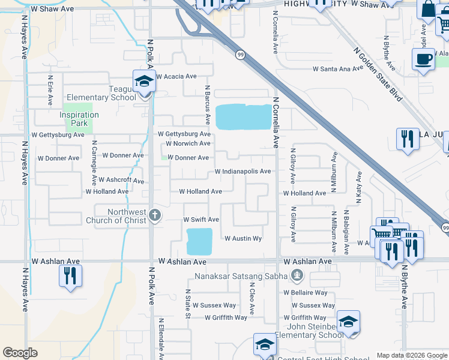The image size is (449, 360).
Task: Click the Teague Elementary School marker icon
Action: point(144,82)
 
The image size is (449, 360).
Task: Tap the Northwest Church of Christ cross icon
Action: point(155,216)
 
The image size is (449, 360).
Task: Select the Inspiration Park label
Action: point(79,119)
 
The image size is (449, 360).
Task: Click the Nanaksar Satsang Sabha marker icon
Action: point(296,276)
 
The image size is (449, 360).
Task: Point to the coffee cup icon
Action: point(423,59)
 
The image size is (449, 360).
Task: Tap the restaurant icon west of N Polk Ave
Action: point(70,276)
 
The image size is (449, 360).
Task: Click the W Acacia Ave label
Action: point(176,77)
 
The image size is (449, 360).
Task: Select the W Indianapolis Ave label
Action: point(243,172)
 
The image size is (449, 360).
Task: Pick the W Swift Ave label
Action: point(201,220)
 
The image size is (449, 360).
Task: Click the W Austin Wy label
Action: point(243,239)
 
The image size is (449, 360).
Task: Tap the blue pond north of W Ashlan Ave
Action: point(200,241)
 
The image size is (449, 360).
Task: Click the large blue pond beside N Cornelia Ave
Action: point(243,117)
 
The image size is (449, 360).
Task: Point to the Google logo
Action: point(20,353)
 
